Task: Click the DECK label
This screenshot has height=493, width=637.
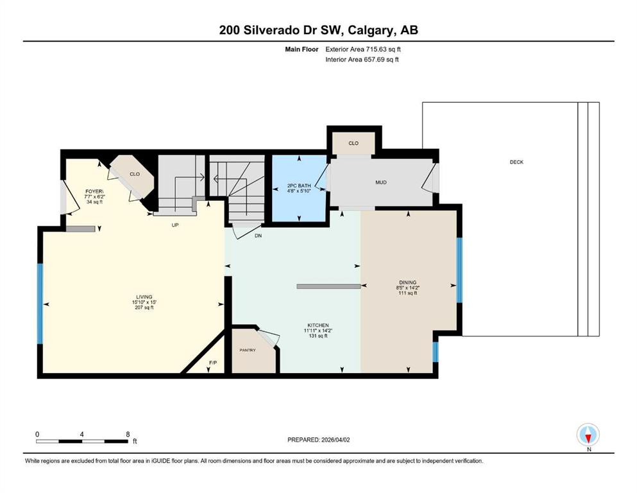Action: pyautogui.click(x=516, y=162)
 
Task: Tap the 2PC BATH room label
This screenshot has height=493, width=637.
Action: pyautogui.click(x=298, y=186)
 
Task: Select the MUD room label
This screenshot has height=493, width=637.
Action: pyautogui.click(x=380, y=182)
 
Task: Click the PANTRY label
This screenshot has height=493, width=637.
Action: pyautogui.click(x=248, y=350)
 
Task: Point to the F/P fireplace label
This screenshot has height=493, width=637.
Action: pyautogui.click(x=213, y=363)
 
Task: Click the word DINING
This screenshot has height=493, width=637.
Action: pyautogui.click(x=407, y=282)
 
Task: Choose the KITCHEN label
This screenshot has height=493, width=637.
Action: pyautogui.click(x=318, y=325)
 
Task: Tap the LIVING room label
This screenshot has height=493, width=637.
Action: pyautogui.click(x=144, y=297)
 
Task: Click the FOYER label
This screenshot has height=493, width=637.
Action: pyautogui.click(x=94, y=191)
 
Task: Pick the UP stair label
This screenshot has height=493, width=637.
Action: pyautogui.click(x=175, y=225)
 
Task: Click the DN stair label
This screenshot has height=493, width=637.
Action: pyautogui.click(x=258, y=236)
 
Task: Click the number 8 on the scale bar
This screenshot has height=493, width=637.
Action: pyautogui.click(x=128, y=434)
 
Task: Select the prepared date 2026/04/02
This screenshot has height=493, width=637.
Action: pyautogui.click(x=335, y=440)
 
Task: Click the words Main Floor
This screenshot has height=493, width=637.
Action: pyautogui.click(x=302, y=49)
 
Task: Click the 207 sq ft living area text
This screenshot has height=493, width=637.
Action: pyautogui.click(x=144, y=307)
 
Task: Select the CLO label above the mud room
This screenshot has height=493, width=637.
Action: pyautogui.click(x=353, y=143)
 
